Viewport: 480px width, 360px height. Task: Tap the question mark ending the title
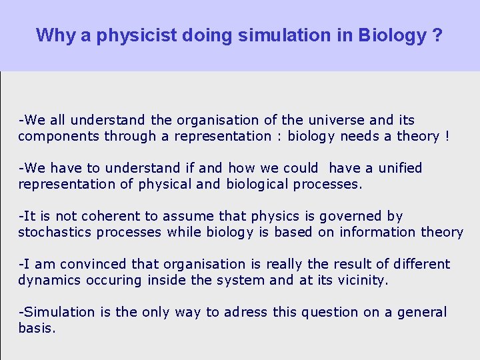(437, 35)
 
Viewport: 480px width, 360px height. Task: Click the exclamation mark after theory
(447, 137)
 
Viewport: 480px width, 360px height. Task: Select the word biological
(258, 185)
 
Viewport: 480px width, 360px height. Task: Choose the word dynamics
(49, 281)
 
